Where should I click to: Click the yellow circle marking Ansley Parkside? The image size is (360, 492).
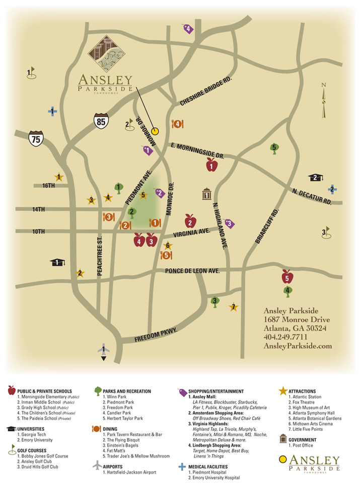coord(155,131)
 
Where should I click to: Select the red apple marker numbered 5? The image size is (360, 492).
coord(287,276)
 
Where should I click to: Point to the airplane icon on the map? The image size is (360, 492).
coord(103,351)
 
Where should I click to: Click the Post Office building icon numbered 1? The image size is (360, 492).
coord(206,194)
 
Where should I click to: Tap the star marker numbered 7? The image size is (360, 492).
coord(233,307)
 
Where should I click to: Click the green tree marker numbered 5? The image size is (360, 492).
coord(274,148)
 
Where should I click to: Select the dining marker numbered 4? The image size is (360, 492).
coord(177,124)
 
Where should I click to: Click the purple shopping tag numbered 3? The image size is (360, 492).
coord(229,223)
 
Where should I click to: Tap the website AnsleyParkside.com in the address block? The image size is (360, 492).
coord(298,346)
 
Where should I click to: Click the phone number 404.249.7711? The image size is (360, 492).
coord(285,337)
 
